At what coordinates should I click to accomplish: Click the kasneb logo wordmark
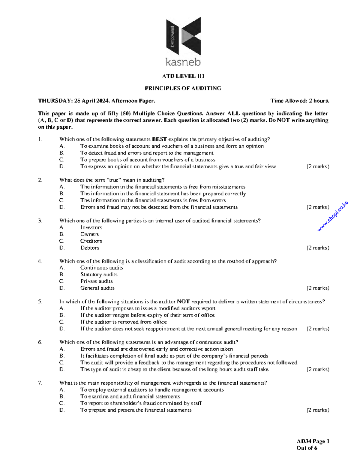(183, 62)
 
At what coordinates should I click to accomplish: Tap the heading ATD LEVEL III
(183, 76)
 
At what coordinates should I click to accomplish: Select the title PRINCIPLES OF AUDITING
(183, 88)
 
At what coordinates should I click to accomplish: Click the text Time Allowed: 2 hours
(300, 101)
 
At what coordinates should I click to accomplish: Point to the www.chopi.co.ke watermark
(333, 216)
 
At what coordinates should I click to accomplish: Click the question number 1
(40, 139)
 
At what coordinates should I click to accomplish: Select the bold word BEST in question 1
(159, 139)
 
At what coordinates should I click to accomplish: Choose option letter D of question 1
(62, 167)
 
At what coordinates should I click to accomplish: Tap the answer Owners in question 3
(89, 234)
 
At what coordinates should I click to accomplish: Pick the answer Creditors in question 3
(91, 241)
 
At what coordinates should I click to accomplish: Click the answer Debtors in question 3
(90, 248)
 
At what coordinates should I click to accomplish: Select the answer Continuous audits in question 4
(101, 268)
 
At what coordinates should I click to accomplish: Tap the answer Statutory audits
(99, 275)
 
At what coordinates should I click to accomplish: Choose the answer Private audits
(96, 281)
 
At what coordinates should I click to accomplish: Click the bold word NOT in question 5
(183, 302)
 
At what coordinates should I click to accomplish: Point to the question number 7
(40, 383)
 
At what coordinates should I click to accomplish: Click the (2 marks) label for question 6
(318, 369)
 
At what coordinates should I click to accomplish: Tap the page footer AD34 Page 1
(313, 441)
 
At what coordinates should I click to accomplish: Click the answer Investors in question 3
(91, 227)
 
